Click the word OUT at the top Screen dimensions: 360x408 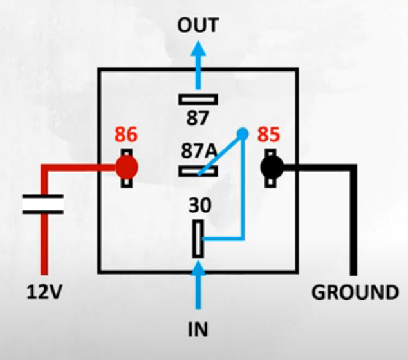pyautogui.click(x=198, y=26)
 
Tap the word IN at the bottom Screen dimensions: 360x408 pyautogui.click(x=198, y=331)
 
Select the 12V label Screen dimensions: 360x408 pyautogui.click(x=44, y=292)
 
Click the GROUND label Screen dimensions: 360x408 pyautogui.click(x=355, y=292)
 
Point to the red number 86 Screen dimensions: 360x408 pyautogui.click(x=127, y=136)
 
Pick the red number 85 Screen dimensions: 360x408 pyautogui.click(x=270, y=136)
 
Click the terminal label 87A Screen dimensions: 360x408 pyautogui.click(x=198, y=153)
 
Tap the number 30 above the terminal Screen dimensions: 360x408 pyautogui.click(x=198, y=206)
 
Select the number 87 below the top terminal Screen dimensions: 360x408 pyautogui.click(x=198, y=118)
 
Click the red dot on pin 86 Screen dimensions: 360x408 pyautogui.click(x=127, y=168)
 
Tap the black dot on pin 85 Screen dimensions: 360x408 pyautogui.click(x=272, y=168)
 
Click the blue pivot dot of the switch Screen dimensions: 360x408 pyautogui.click(x=242, y=134)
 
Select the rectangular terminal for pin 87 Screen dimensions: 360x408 pyautogui.click(x=198, y=99)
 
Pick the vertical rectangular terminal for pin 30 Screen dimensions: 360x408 pyautogui.click(x=198, y=239)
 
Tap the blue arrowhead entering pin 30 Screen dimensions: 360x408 pyautogui.click(x=198, y=270)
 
